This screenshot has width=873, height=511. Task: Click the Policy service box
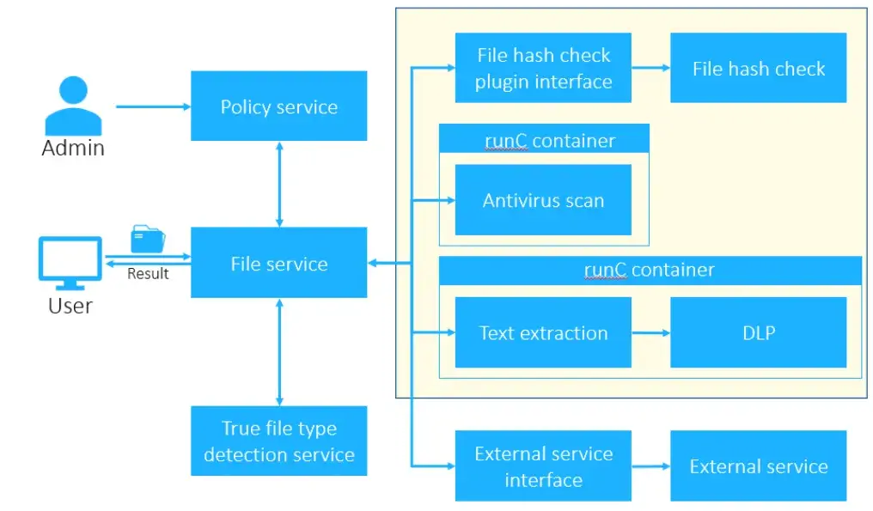pos(278,106)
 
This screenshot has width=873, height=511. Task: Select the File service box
pos(278,263)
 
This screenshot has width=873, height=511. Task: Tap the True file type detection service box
pos(278,441)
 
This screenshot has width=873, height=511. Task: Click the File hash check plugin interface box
pos(543,68)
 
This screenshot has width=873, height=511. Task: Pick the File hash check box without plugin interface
pos(758,68)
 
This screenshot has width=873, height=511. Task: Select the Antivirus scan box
pos(543,200)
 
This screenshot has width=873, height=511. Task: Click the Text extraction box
pos(543,332)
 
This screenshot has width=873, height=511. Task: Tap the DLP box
pos(758,332)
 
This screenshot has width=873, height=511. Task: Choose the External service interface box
pos(543,466)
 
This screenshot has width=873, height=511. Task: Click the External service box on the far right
pos(758,466)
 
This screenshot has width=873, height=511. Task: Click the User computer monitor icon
pos(70,263)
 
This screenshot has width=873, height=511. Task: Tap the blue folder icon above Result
pos(148,239)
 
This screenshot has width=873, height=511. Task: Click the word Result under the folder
pos(148,274)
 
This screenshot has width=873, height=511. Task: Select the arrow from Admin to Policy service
pos(153,106)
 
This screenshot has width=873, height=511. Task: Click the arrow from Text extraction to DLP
pos(650,333)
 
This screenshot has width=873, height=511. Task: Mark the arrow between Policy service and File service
pos(279,184)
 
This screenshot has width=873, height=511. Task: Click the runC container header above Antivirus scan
pos(543,139)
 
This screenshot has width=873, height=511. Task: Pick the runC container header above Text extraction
pos(650,270)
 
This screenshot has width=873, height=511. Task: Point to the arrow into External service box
pos(650,466)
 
